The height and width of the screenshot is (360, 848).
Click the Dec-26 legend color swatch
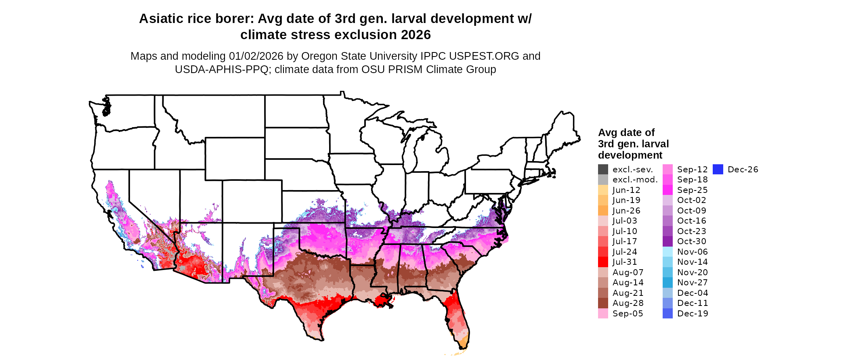tap(718, 170)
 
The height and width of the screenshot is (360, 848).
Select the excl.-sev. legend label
tap(632, 170)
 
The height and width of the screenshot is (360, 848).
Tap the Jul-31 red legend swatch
tap(603, 262)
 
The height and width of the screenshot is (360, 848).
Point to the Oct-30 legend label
tap(691, 241)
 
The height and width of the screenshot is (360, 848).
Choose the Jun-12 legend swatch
tap(603, 190)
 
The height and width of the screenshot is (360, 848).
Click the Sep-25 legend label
tap(692, 190)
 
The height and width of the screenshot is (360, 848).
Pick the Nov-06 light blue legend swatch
tap(667, 252)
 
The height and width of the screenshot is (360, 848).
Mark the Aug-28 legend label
tap(628, 303)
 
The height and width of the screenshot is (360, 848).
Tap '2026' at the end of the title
tap(416, 35)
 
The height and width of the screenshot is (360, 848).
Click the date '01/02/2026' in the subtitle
tap(256, 56)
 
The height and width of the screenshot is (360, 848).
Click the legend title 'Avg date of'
tap(626, 133)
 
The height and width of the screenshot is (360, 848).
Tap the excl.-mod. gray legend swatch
tap(603, 180)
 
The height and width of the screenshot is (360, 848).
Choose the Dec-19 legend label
tap(692, 314)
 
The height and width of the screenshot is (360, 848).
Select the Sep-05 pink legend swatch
tap(603, 314)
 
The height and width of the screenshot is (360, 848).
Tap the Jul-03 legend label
tap(625, 221)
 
